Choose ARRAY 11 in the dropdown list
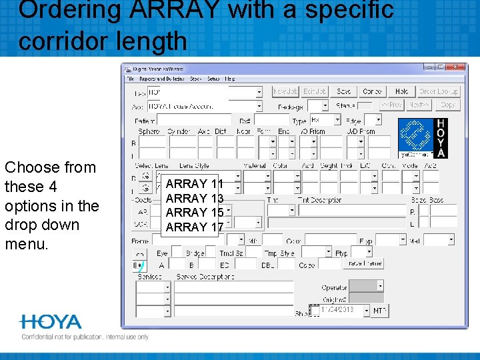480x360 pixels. (194, 183)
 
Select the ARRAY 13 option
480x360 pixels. (194, 198)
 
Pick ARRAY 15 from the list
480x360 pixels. (194, 212)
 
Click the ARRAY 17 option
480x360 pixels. (194, 227)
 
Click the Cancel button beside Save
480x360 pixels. (372, 91)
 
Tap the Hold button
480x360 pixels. (401, 91)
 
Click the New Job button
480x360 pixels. (285, 91)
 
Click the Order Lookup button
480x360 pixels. (439, 91)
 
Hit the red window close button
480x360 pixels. (456, 67)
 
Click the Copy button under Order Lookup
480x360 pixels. (448, 105)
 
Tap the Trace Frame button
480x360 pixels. (363, 263)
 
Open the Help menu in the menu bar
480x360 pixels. (230, 79)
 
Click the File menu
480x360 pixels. (131, 79)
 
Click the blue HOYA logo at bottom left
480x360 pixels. (51, 323)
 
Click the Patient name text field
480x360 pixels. (193, 120)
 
